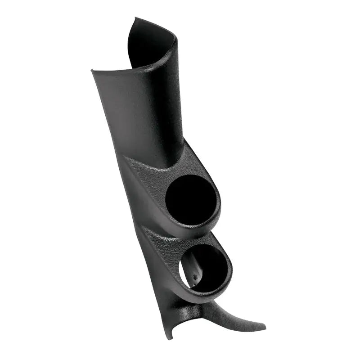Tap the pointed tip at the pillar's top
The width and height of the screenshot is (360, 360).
[135, 19]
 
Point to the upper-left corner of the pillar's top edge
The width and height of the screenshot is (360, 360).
[92, 71]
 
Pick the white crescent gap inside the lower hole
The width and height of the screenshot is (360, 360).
[184, 272]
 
